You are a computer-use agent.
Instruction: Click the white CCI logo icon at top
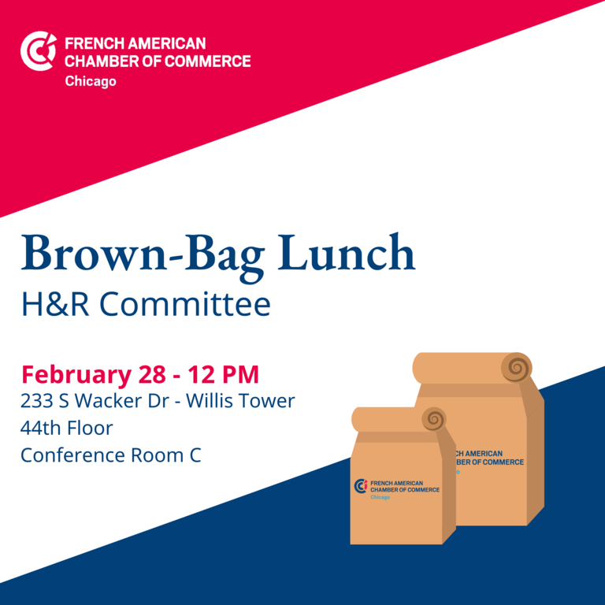(x=38, y=51)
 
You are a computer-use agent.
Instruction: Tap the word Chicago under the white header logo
(x=91, y=81)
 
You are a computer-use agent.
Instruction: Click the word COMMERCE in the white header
(x=208, y=61)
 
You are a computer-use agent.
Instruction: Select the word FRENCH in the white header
(x=95, y=43)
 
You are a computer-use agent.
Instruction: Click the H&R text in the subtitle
(x=55, y=304)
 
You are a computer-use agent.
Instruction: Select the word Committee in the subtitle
(x=185, y=304)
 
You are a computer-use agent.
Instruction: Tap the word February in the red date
(x=76, y=375)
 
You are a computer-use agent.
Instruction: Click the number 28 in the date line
(x=152, y=374)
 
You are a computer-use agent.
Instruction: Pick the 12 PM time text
(x=224, y=374)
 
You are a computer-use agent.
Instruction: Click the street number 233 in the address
(x=37, y=401)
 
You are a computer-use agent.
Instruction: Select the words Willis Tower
(x=240, y=400)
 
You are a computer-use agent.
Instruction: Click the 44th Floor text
(x=67, y=428)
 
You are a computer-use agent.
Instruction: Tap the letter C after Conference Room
(x=195, y=455)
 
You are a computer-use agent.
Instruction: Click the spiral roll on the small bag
(x=434, y=418)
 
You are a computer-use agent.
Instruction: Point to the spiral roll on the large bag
(x=517, y=367)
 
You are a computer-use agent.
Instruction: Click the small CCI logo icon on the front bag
(x=361, y=486)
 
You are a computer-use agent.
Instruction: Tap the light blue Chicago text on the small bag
(x=380, y=497)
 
